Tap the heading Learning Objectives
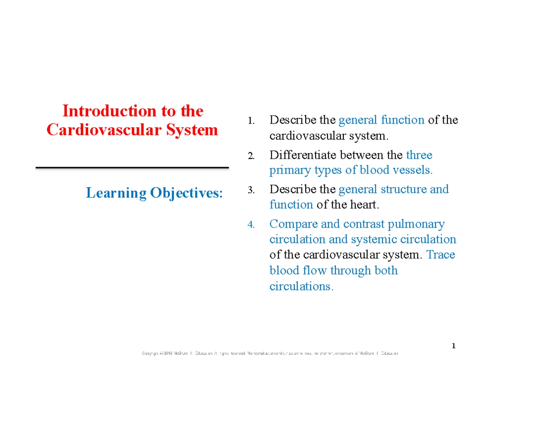click(154, 193)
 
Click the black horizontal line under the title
click(132, 168)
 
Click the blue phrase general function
click(381, 120)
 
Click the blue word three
click(419, 155)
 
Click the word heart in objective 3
click(363, 205)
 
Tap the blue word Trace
click(441, 255)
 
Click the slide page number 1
click(453, 347)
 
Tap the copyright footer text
click(270, 353)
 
